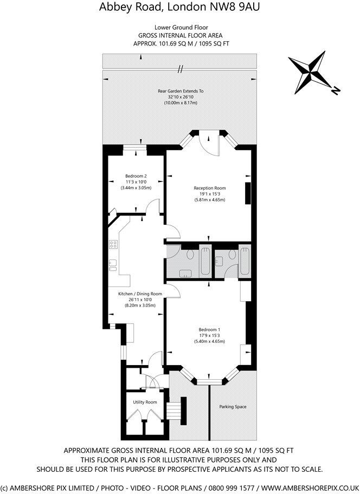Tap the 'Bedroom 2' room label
[x=136, y=176]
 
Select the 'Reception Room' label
[x=209, y=188]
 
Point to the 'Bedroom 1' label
[x=209, y=329]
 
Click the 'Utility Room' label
[x=145, y=402]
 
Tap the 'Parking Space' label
[x=233, y=406]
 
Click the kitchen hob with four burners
[x=113, y=244]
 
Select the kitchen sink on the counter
[x=113, y=265]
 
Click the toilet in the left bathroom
[x=190, y=256]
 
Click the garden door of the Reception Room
[x=208, y=142]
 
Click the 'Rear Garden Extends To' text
[x=180, y=92]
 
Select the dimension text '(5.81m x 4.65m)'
[x=209, y=200]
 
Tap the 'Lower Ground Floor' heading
[x=181, y=27]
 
